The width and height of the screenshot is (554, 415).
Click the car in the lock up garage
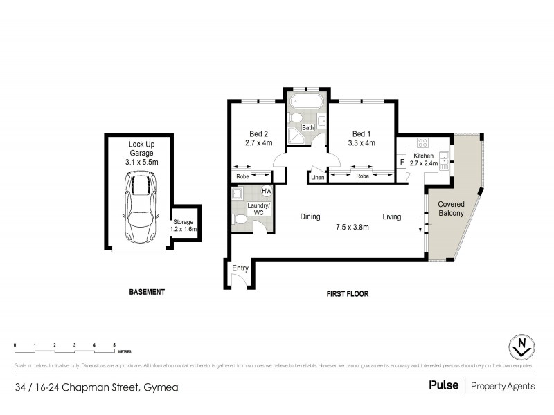pos(140,207)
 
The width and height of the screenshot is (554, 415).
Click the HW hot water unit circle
pos(266,192)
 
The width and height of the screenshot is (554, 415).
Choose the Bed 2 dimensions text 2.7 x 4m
pos(259,143)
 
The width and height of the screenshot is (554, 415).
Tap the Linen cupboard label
pos(317,178)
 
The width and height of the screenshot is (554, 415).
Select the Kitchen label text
pos(424,155)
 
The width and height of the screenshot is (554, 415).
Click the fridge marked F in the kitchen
pos(402,163)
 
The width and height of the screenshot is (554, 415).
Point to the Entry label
pos(240,268)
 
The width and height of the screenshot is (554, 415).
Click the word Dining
pos(310,216)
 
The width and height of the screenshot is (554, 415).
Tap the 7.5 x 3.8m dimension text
pos(352,226)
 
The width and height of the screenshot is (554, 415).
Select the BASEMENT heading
pos(147,292)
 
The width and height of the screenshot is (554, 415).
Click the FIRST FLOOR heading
pos(347,293)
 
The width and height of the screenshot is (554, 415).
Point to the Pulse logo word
pos(443,386)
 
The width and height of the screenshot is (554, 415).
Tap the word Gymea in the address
pos(160,387)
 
